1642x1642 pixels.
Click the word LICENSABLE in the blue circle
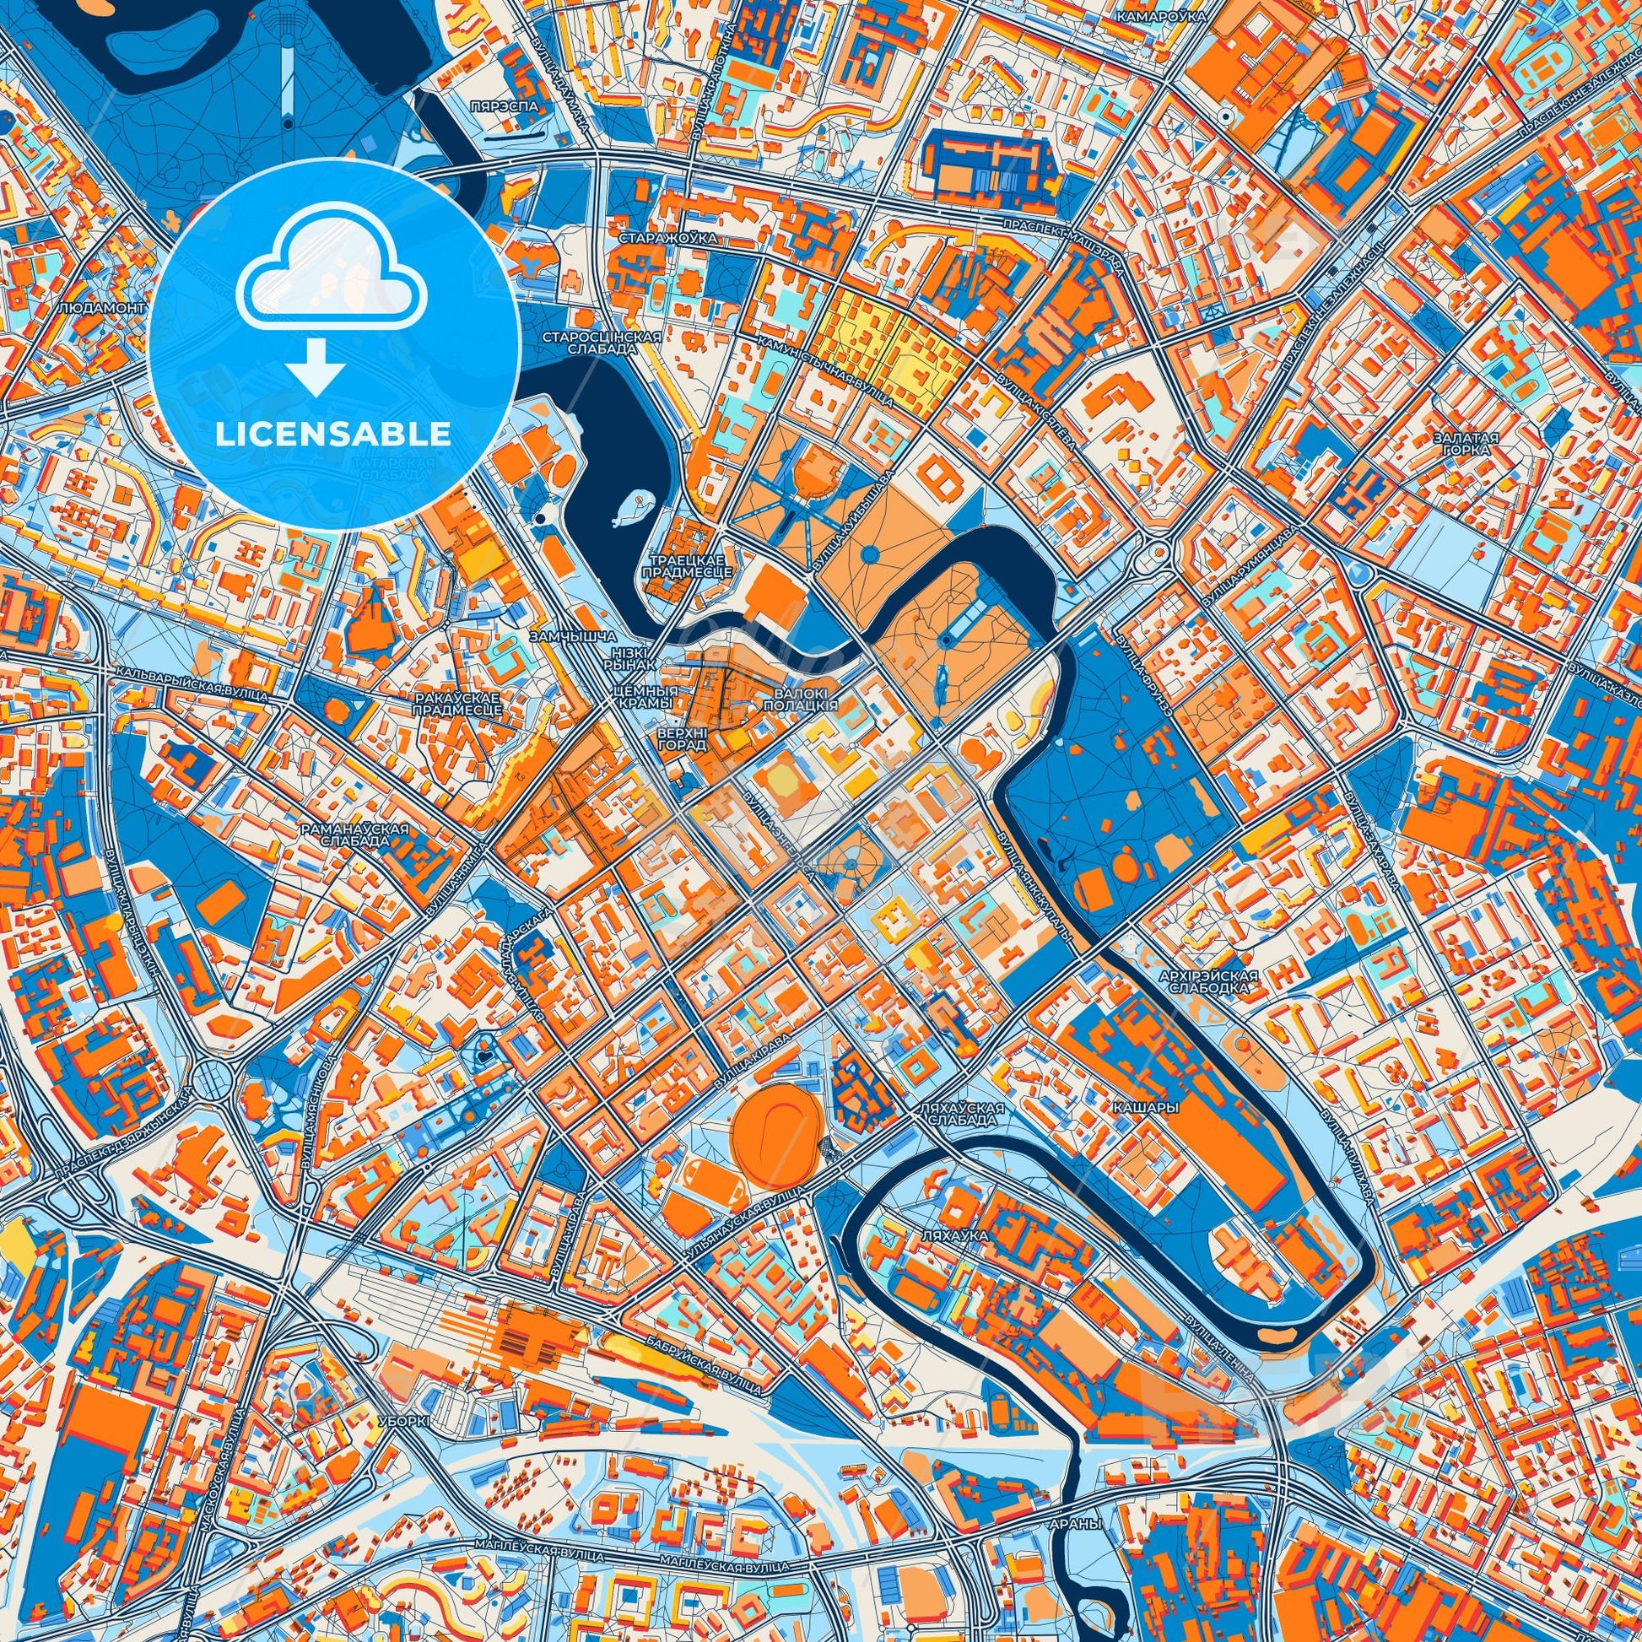pos(333,434)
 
